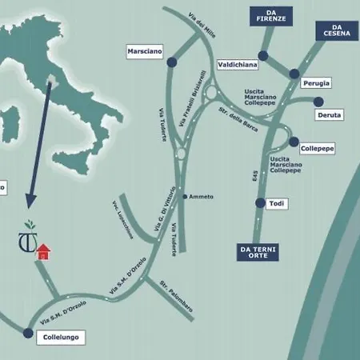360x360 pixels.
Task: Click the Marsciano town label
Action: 145,51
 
